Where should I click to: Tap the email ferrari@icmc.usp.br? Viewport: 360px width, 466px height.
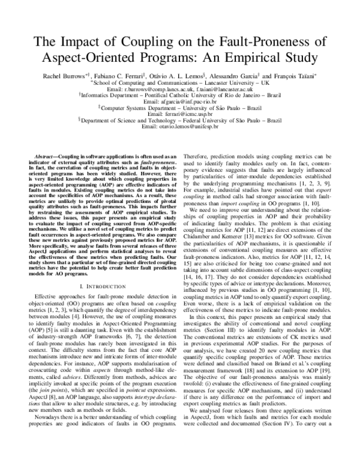[180, 115]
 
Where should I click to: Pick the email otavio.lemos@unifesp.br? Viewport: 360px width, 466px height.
[180, 127]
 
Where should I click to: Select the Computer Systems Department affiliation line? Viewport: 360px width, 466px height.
[180, 109]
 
